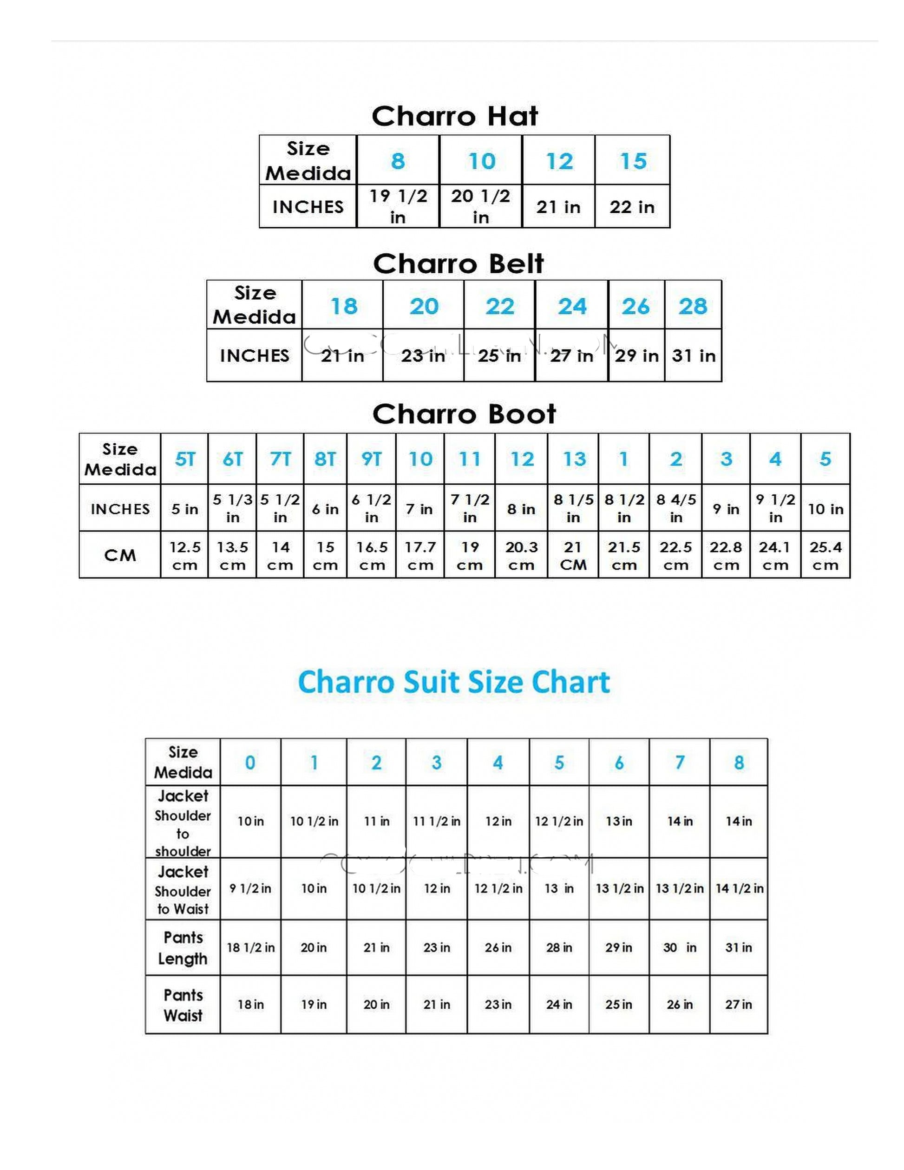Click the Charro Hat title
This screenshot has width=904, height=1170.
[455, 116]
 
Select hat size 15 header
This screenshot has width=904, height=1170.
[633, 161]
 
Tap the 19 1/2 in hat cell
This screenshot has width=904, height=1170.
[398, 207]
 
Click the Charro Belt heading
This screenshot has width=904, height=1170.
[459, 263]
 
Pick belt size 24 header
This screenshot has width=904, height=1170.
[572, 306]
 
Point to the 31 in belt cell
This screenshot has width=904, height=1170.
[694, 356]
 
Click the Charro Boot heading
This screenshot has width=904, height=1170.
[465, 414]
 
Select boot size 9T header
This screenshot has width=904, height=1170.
[372, 459]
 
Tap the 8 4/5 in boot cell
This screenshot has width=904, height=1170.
[676, 508]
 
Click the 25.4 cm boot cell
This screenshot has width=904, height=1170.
[825, 556]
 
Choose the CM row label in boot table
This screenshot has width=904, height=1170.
[120, 556]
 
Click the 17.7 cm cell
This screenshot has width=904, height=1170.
[420, 556]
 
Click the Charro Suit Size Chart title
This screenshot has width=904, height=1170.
[454, 683]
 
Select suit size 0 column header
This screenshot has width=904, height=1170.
[250, 762]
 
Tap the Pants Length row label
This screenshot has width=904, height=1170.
[183, 948]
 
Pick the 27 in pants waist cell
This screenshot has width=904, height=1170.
[739, 1005]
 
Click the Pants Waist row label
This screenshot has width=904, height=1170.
[183, 1005]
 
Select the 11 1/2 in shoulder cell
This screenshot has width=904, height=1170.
[437, 821]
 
